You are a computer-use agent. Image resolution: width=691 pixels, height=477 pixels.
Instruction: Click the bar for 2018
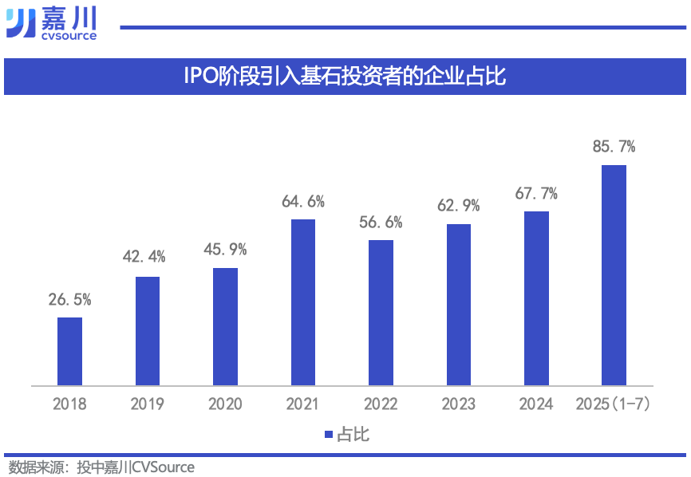69,352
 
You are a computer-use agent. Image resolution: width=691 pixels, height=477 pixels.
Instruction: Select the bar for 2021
303,302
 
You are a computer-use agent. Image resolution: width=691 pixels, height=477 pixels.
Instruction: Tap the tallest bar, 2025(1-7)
614,275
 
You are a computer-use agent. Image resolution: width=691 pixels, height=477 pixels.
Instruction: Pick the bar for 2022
381,313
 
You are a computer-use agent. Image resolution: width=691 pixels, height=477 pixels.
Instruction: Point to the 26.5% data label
69,301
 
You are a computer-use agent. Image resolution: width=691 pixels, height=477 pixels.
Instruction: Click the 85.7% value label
614,147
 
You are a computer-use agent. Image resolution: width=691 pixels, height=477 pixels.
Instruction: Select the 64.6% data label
303,202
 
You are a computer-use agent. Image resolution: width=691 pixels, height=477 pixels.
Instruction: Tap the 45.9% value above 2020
225,250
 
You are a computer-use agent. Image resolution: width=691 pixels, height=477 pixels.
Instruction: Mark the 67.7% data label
536,194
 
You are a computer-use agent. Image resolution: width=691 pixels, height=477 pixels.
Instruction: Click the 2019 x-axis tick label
147,404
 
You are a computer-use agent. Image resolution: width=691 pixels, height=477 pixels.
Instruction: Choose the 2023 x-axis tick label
459,404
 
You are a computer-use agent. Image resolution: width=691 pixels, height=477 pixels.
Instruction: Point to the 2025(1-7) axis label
614,404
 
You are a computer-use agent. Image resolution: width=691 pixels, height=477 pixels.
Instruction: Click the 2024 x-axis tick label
536,404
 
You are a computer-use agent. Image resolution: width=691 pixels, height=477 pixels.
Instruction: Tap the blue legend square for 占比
328,435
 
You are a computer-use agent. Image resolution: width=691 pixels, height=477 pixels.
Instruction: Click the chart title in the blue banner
345,77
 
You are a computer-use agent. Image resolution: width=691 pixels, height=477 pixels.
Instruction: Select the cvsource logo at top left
51,23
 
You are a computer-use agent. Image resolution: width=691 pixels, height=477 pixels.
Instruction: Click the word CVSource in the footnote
163,467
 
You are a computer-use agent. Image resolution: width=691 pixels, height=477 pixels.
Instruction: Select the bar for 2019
148,331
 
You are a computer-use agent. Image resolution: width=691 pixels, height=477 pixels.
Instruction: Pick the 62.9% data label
459,206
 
